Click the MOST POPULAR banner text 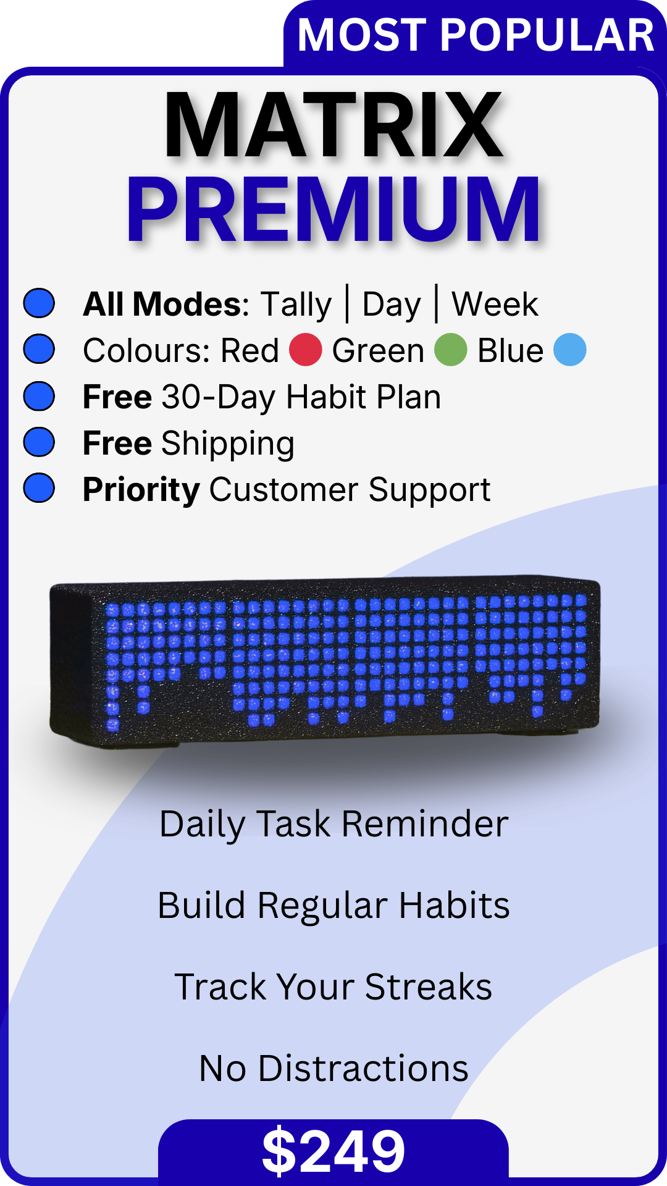click(476, 35)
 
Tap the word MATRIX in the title click(333, 125)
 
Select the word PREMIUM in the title click(333, 209)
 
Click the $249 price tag click(333, 1150)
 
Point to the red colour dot click(306, 350)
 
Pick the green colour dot click(451, 350)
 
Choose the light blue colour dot click(569, 350)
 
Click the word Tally click(296, 305)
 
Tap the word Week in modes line click(495, 304)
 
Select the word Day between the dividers click(392, 305)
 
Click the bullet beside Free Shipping click(39, 442)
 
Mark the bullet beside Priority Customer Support click(39, 489)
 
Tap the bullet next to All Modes click(39, 303)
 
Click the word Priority click(141, 490)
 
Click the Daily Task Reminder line click(333, 824)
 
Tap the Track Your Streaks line click(333, 986)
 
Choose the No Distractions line click(333, 1068)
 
